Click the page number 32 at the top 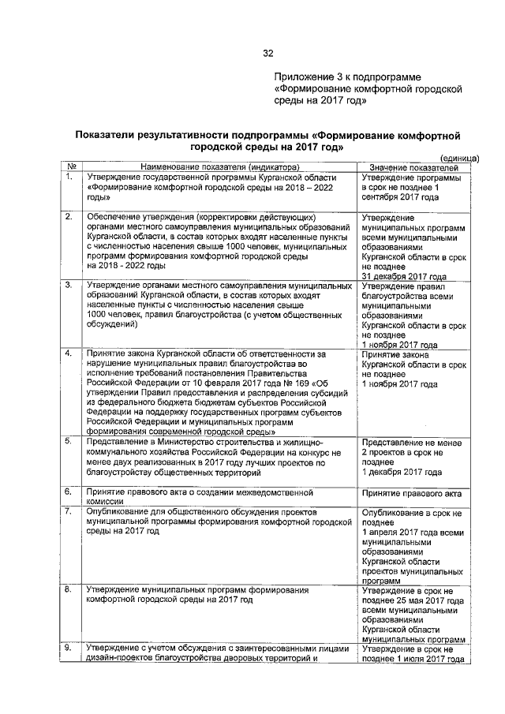point(267,54)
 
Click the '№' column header point(71,167)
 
